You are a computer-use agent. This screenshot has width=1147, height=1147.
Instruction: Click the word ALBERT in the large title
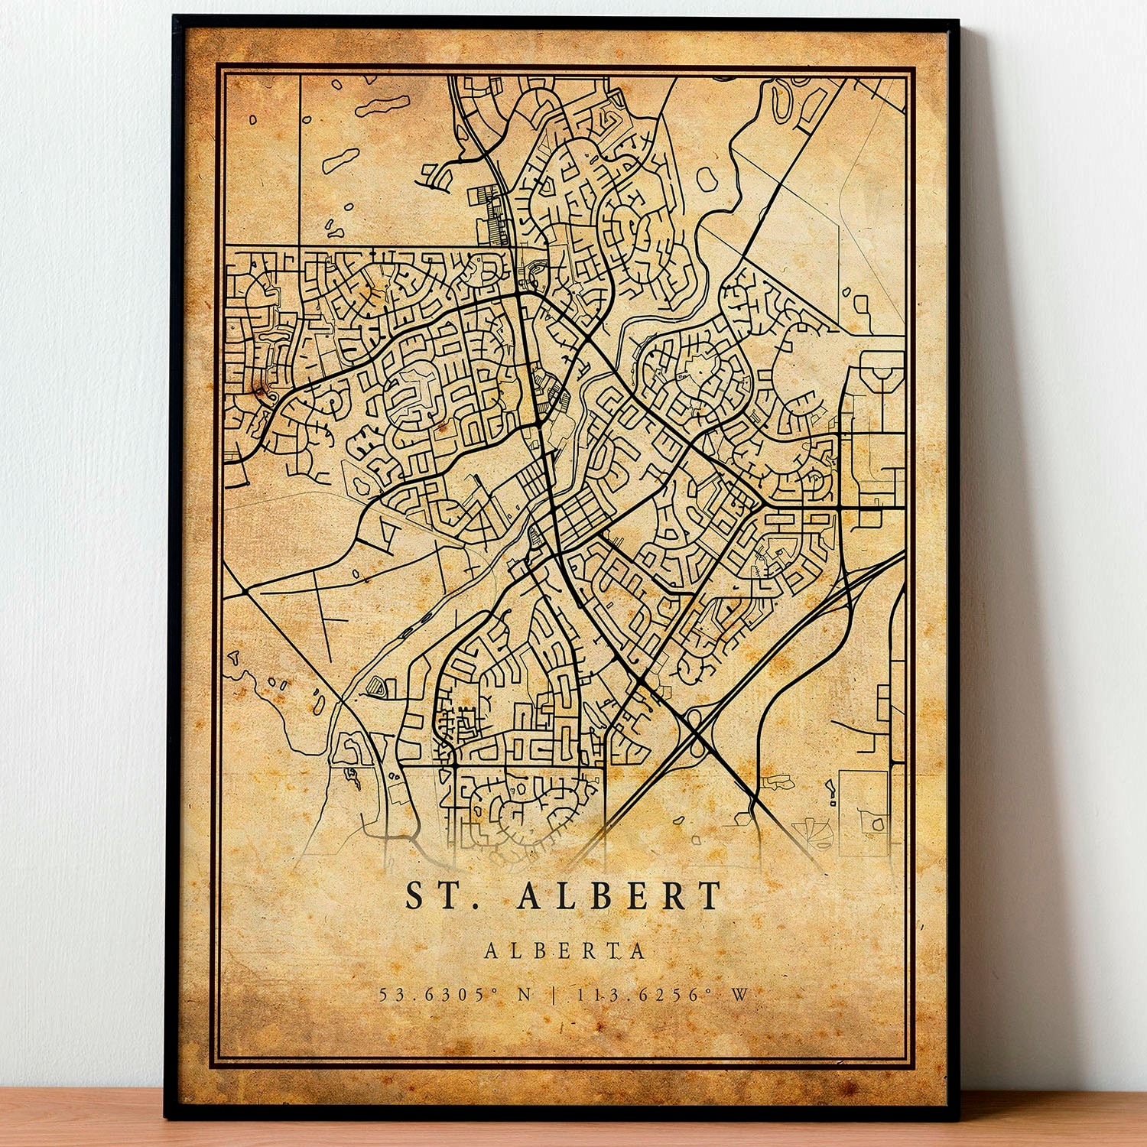[x=619, y=896]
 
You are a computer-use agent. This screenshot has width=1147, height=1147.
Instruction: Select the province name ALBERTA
[x=565, y=950]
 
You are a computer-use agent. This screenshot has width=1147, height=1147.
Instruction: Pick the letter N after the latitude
[x=525, y=995]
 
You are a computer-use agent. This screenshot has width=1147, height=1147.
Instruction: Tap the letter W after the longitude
[x=739, y=995]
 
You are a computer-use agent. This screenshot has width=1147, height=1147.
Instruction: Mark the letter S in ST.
[x=415, y=896]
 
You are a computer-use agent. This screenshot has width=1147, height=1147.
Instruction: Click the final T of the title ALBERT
[x=710, y=896]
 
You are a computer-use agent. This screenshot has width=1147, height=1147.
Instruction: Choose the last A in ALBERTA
[x=638, y=950]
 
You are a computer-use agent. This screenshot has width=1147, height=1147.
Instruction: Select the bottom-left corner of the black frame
[x=166, y=1117]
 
